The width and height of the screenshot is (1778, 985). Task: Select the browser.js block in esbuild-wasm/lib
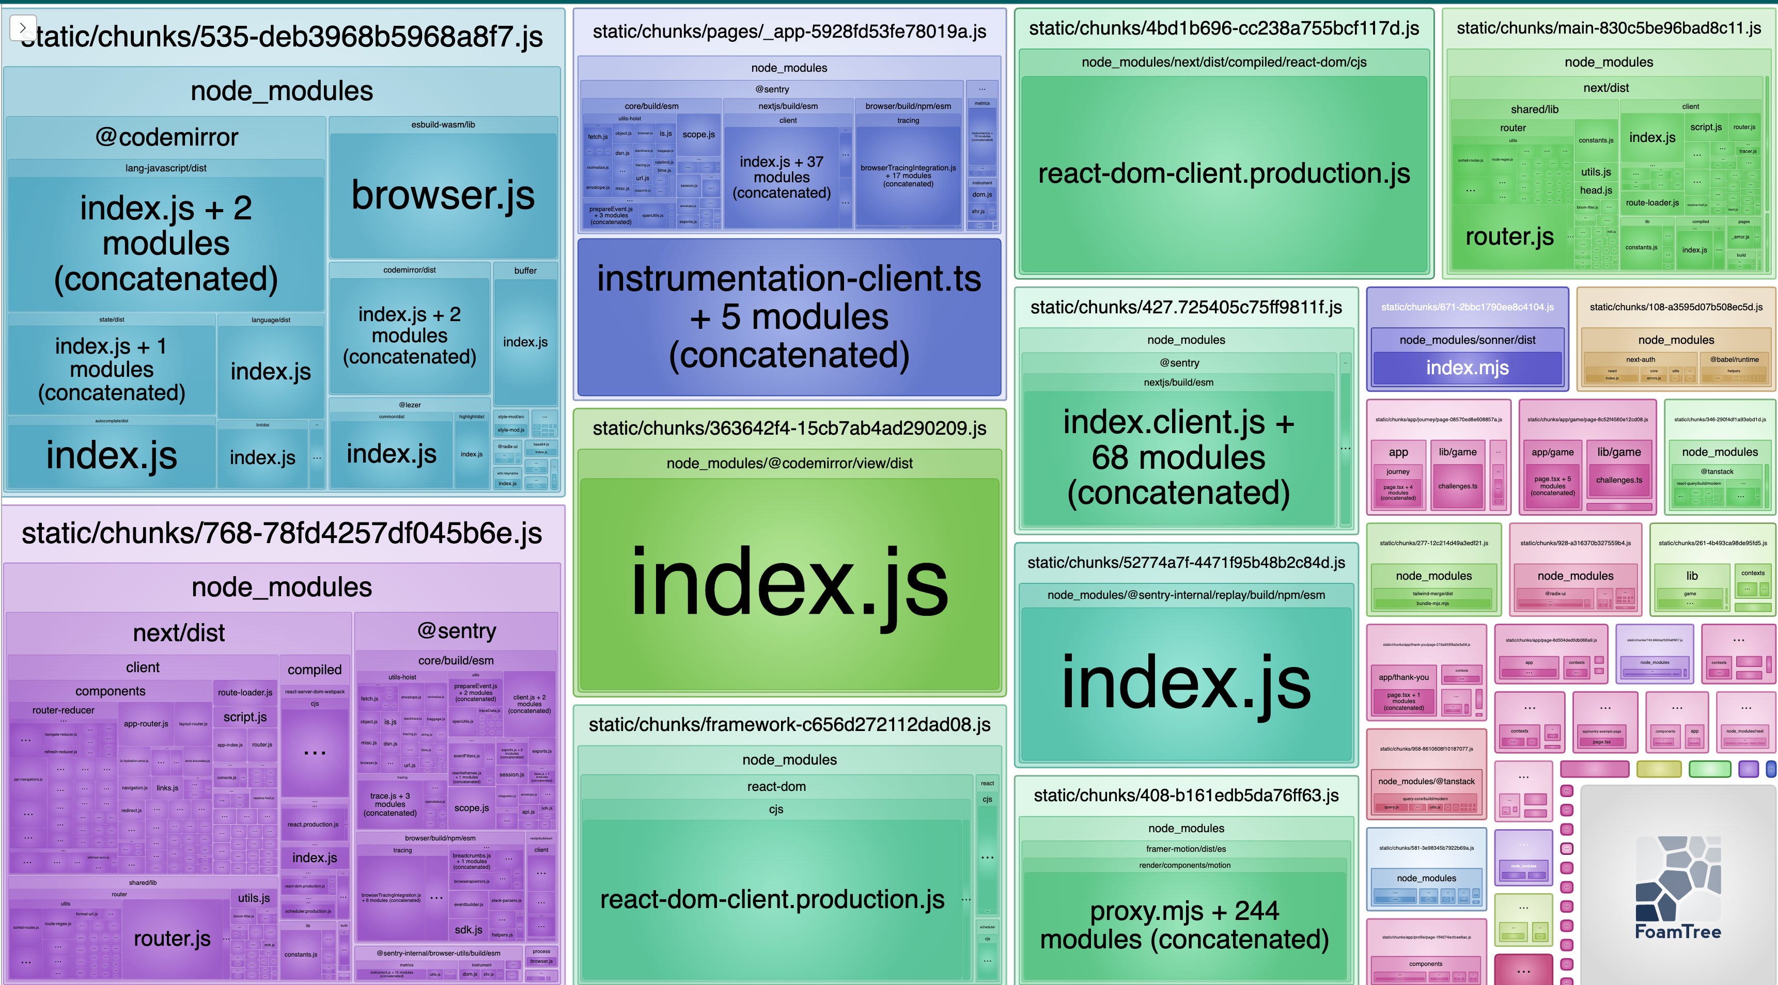tap(443, 195)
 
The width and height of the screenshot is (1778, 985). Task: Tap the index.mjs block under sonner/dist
tap(1468, 368)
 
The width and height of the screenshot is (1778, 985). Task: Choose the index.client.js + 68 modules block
tap(1178, 457)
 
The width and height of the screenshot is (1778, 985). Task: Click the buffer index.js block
tap(525, 342)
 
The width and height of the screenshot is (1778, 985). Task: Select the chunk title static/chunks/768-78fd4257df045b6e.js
tap(282, 533)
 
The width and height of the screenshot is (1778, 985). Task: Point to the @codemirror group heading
tap(166, 137)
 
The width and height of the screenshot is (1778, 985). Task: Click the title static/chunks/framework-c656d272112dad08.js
tap(789, 724)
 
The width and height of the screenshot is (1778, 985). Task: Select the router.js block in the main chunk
tap(1509, 236)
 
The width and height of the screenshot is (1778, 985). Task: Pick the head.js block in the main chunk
tap(1596, 190)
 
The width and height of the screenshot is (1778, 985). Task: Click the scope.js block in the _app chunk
tap(698, 135)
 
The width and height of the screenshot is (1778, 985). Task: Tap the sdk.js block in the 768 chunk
tap(469, 930)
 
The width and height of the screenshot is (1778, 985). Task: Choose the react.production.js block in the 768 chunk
tap(314, 824)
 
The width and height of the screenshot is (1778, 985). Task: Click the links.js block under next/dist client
tap(167, 788)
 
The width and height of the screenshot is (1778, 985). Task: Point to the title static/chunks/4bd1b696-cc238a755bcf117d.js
tap(1224, 28)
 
